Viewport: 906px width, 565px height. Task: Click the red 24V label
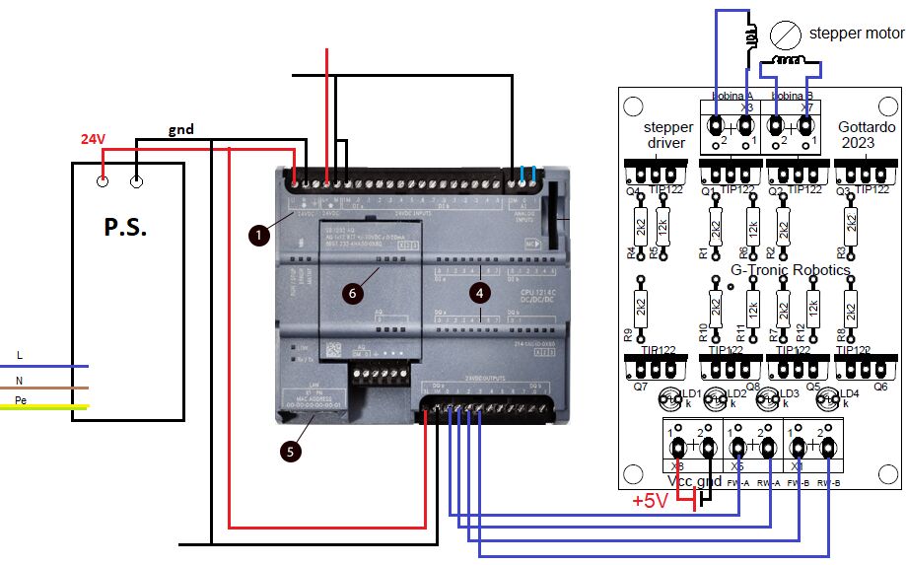coord(93,140)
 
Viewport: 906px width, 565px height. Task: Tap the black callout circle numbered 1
coord(258,235)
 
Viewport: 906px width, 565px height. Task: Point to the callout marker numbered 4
coord(479,292)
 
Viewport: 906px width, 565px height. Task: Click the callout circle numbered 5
coord(290,451)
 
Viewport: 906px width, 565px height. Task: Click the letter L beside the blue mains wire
coord(19,354)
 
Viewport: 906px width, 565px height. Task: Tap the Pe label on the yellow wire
coord(21,400)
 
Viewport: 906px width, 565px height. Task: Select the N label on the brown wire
coord(19,379)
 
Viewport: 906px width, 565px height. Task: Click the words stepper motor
coord(855,33)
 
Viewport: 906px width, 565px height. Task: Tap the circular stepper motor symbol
coord(784,36)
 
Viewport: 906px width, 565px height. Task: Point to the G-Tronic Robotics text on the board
coord(790,269)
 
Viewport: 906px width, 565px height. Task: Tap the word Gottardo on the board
coord(867,127)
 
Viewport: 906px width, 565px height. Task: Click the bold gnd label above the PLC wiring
coord(181,129)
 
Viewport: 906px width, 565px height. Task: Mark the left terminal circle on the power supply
coord(102,180)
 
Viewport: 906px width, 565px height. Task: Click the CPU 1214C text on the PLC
coord(540,294)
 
